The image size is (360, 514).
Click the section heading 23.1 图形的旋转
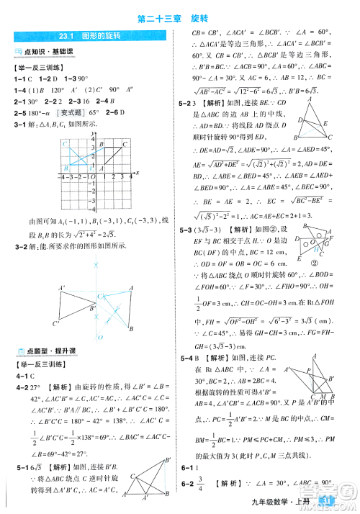pyautogui.click(x=90, y=35)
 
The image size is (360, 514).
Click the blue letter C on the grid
pyautogui.click(x=64, y=144)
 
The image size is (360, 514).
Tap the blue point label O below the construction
pyautogui.click(x=100, y=337)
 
